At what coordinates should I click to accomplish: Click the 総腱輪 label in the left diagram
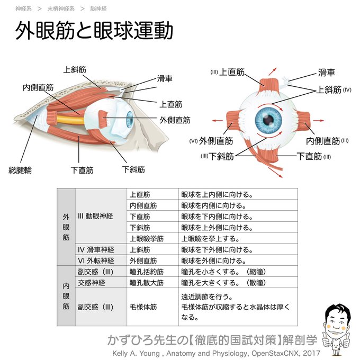pyautogui.click(x=20, y=170)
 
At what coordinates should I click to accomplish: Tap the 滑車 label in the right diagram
pyautogui.click(x=326, y=73)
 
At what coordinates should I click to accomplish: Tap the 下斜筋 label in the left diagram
pyautogui.click(x=133, y=170)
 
